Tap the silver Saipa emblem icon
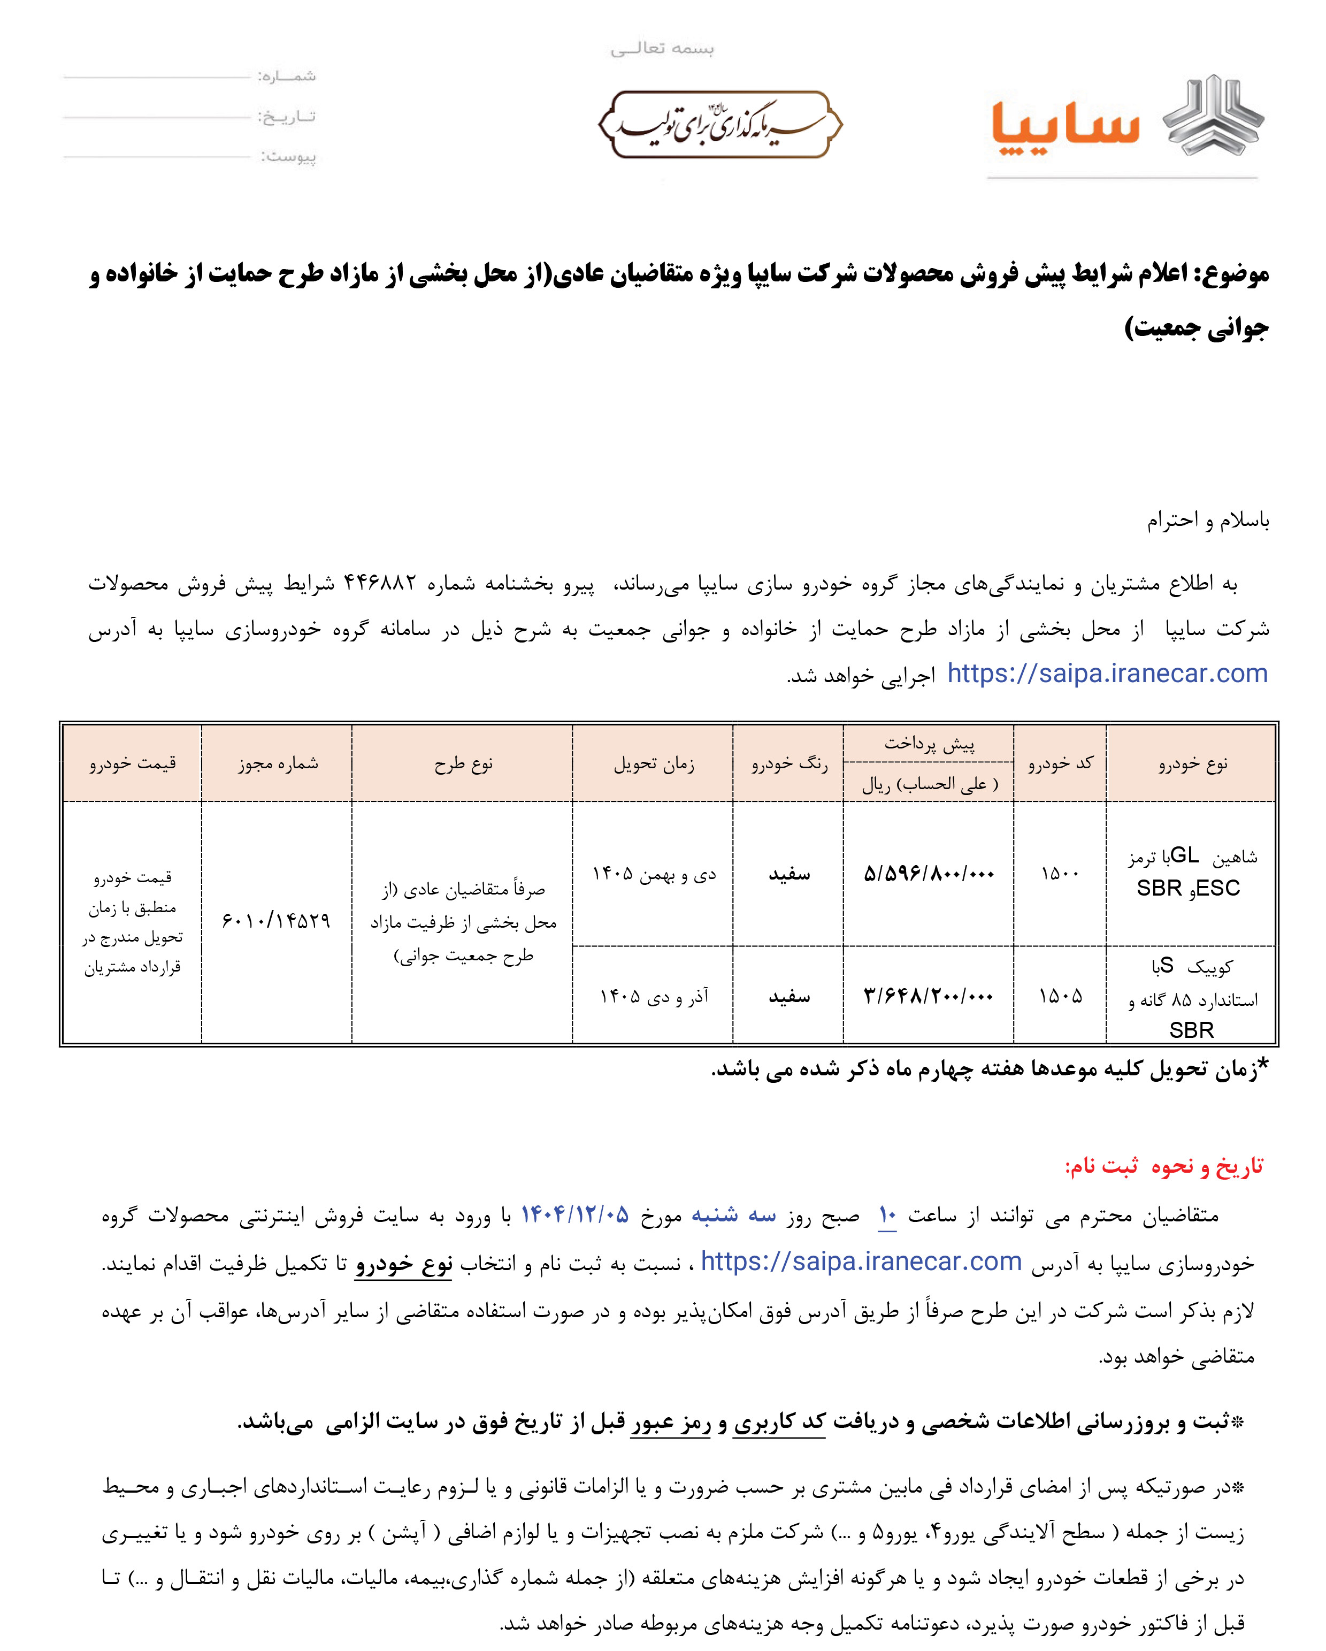coord(1214,115)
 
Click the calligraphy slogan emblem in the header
coord(719,125)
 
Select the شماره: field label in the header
coord(286,76)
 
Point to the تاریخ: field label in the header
coord(286,117)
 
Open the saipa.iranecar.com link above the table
coord(1107,674)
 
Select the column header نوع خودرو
coord(1192,763)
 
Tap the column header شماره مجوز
coord(277,763)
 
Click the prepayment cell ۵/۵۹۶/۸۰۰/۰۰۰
coord(929,874)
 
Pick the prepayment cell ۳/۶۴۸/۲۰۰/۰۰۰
coord(929,996)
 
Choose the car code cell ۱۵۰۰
coord(1060,874)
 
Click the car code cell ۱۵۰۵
coord(1060,996)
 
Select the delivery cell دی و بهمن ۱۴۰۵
coord(654,874)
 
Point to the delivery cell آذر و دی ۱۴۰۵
coord(654,996)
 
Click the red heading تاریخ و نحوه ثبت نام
coord(1164,1166)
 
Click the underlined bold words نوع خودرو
coord(403,1264)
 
